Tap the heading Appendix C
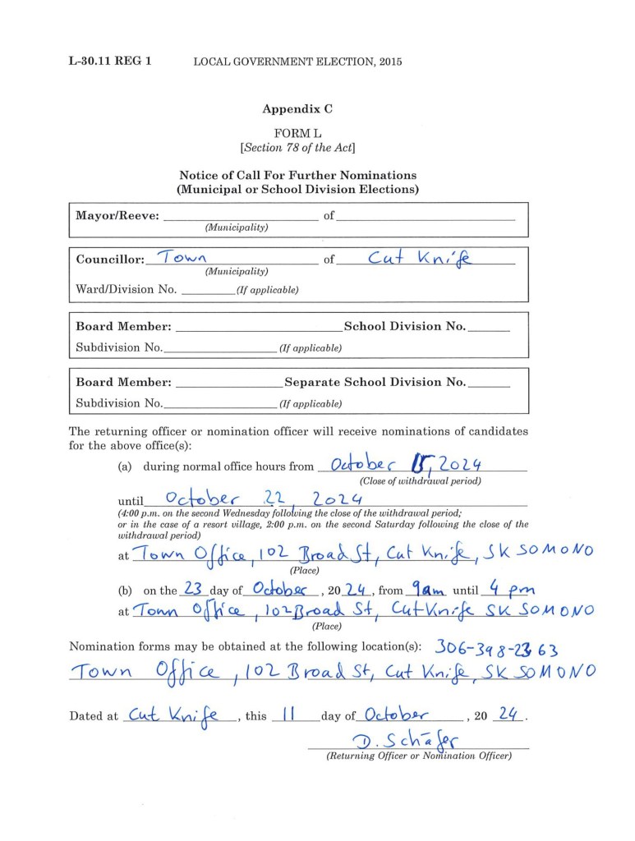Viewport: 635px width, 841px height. click(297, 108)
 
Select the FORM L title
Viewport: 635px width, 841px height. click(297, 133)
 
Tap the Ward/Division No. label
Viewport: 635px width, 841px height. click(126, 289)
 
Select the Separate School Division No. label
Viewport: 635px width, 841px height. click(375, 382)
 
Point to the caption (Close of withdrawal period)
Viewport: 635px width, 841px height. click(420, 480)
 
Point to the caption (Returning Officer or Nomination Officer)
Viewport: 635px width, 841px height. click(418, 756)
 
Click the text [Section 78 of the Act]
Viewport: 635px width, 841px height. click(297, 148)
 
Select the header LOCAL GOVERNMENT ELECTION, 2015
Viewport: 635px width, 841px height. click(297, 62)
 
